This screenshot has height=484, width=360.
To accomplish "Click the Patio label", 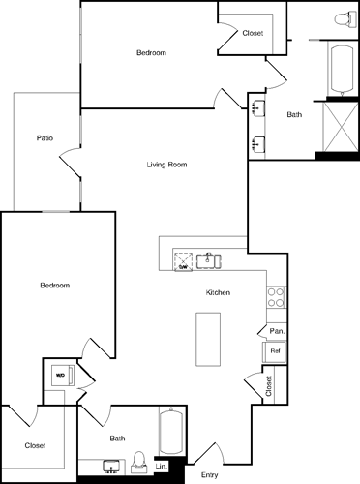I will [45, 138].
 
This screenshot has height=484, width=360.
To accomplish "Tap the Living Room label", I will [166, 165].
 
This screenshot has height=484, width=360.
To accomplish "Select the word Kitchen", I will [217, 292].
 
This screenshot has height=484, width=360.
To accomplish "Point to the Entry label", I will [209, 475].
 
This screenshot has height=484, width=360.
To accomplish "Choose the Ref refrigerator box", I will [275, 350].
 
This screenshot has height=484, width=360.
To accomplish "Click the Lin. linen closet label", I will [162, 468].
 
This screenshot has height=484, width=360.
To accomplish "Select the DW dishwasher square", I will [182, 259].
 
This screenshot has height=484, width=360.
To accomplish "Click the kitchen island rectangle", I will [210, 339].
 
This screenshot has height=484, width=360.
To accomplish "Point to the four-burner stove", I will [276, 297].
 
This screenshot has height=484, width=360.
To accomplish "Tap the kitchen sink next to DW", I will [208, 259].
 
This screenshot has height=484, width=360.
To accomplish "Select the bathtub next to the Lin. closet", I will [171, 434].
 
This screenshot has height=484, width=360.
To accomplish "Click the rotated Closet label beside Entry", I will [268, 386].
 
